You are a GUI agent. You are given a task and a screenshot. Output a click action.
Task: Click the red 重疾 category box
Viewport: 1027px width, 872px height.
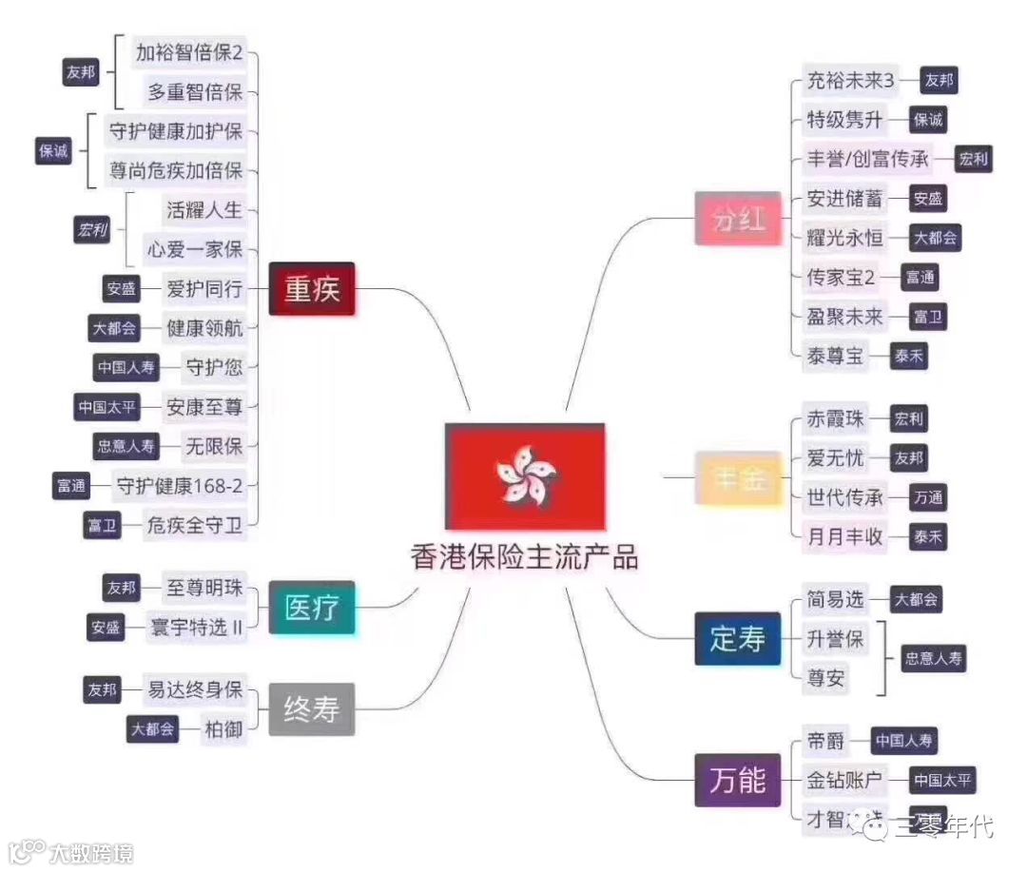tap(311, 289)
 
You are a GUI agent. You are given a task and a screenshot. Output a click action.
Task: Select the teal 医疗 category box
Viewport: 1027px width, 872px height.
tap(311, 608)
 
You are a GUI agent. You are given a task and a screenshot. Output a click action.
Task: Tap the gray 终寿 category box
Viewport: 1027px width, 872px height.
tap(311, 708)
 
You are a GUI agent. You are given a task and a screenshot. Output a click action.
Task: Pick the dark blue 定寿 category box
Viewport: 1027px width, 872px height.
tap(738, 639)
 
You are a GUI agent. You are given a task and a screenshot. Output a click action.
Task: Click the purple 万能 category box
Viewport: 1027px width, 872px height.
tap(738, 780)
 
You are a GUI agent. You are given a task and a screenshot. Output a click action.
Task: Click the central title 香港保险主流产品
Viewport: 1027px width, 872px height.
tap(525, 556)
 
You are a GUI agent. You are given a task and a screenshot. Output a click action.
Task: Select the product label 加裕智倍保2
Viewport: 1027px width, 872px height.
tap(189, 52)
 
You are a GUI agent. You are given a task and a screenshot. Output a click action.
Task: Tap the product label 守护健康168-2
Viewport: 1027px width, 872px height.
tap(180, 486)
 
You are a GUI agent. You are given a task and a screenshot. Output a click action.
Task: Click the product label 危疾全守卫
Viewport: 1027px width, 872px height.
tap(194, 525)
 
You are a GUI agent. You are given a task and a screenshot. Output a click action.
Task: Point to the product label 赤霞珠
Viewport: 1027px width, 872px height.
tap(836, 418)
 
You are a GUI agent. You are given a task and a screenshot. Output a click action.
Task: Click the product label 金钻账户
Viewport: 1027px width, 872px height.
tap(845, 780)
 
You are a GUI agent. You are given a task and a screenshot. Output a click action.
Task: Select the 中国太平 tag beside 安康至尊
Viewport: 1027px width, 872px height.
tap(107, 407)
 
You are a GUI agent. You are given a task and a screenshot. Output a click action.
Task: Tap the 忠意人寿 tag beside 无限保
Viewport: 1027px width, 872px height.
tap(125, 446)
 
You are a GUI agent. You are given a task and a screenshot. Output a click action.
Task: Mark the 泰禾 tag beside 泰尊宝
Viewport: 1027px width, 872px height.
tap(907, 357)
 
